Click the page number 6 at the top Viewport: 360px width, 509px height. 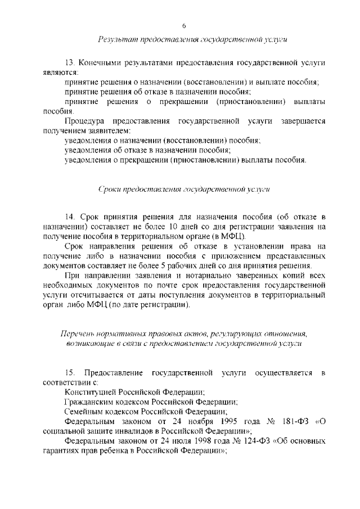[x=184, y=26]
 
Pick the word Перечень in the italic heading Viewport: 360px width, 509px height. [x=78, y=334]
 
